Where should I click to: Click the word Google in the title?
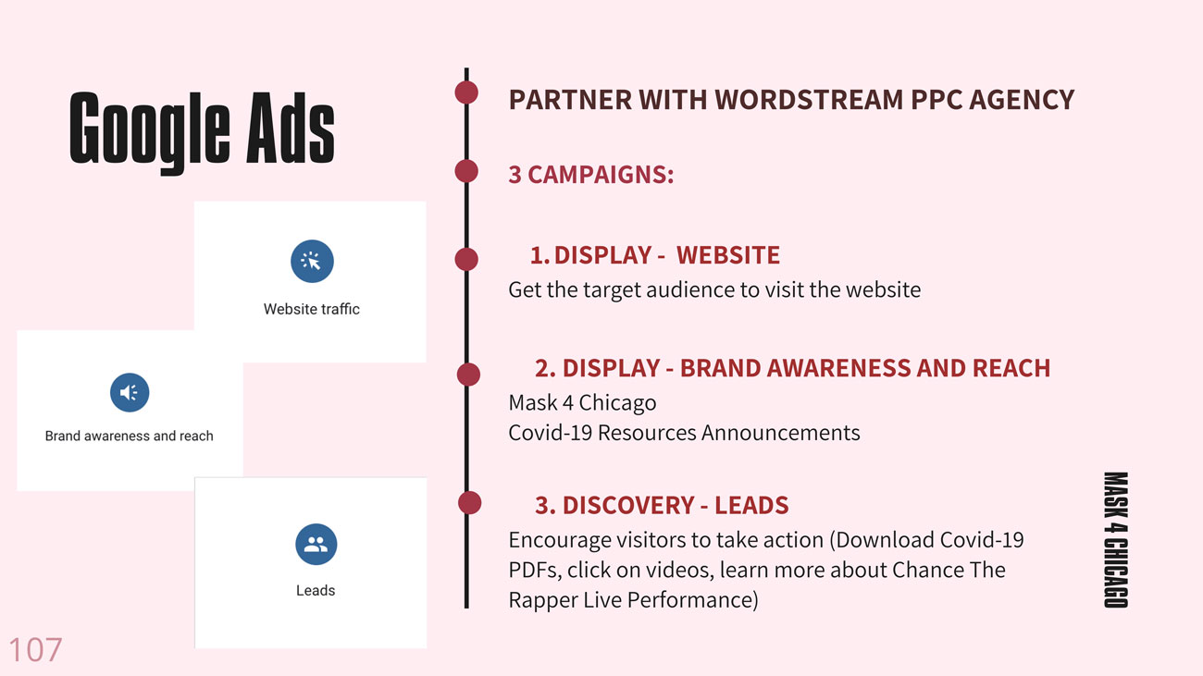pos(150,131)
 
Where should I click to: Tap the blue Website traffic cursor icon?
pos(312,262)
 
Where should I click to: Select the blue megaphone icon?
pos(130,392)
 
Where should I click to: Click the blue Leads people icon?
pos(316,544)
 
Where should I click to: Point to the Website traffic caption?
pos(312,309)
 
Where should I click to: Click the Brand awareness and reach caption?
pos(129,436)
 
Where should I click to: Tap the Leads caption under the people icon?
pos(316,590)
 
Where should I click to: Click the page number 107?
pos(35,650)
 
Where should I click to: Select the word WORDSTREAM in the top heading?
pos(808,100)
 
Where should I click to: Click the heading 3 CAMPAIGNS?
pos(590,175)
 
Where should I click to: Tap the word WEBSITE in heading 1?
pos(727,255)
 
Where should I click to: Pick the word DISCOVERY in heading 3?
pos(628,505)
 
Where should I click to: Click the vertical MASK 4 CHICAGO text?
pos(1116,540)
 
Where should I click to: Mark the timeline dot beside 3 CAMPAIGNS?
pos(466,171)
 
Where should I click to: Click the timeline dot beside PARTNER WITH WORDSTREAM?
pos(466,92)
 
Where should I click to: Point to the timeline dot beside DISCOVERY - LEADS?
pos(470,503)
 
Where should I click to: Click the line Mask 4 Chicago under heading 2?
pos(582,402)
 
